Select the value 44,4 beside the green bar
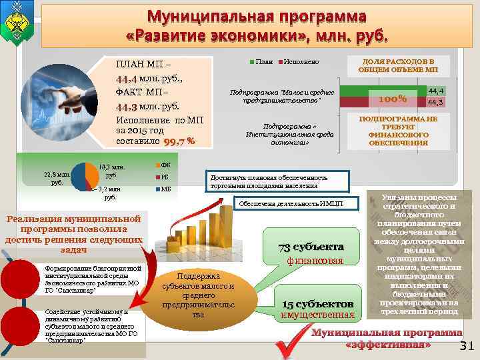(x=436, y=90)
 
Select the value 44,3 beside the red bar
(x=436, y=102)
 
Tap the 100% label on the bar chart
(x=393, y=99)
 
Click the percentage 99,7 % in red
(x=181, y=141)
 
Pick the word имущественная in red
(x=317, y=315)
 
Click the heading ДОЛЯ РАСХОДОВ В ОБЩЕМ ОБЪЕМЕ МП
(x=398, y=65)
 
